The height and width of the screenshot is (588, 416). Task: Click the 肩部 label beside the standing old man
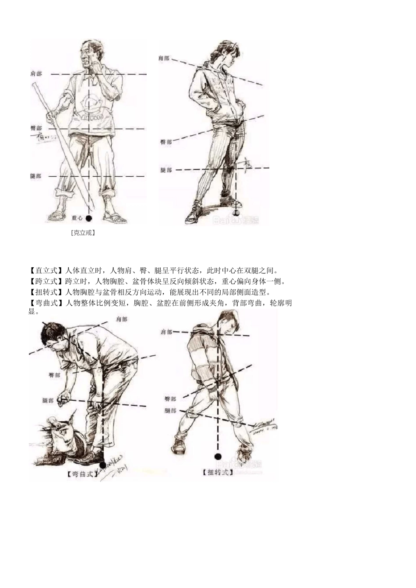(36, 74)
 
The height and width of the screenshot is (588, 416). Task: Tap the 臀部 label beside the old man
(36, 128)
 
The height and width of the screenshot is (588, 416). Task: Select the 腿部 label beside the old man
(36, 176)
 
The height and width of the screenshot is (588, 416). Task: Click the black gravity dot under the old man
(89, 218)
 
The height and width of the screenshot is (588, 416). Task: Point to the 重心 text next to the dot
(77, 217)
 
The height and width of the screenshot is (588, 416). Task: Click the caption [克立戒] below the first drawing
(83, 233)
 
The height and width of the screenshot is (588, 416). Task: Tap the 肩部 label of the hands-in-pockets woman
(164, 58)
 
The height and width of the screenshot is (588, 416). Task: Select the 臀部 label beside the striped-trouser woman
(166, 142)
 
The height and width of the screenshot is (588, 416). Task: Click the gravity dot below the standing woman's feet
(237, 213)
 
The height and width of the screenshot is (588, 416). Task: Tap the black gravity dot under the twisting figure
(218, 457)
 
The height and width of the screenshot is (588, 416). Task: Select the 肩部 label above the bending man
(122, 320)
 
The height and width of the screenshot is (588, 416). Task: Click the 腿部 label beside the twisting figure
(170, 411)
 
